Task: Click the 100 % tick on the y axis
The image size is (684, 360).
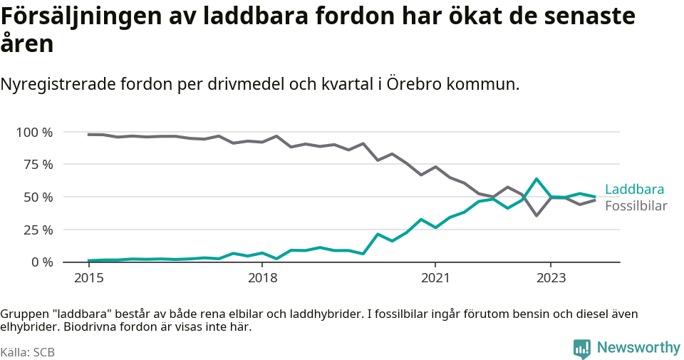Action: point(34,132)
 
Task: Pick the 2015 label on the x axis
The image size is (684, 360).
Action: point(88,277)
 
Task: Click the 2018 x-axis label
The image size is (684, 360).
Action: point(262,277)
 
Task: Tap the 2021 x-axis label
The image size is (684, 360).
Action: point(436,277)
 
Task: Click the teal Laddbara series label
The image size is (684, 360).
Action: point(634,190)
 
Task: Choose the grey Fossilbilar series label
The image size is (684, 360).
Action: point(636,206)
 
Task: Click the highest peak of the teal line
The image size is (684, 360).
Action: point(537,179)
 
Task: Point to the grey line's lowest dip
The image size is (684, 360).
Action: point(537,215)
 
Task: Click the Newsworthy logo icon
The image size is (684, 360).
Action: point(582,349)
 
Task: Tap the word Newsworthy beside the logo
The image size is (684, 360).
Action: point(638,348)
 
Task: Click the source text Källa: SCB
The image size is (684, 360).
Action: point(28,352)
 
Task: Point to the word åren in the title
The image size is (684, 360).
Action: point(27,44)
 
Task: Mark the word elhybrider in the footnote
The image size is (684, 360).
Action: point(30,328)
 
